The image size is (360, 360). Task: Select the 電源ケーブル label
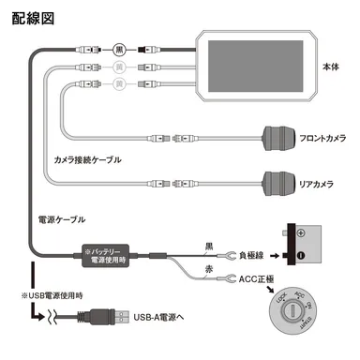60,218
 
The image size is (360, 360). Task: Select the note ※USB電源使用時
43,296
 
